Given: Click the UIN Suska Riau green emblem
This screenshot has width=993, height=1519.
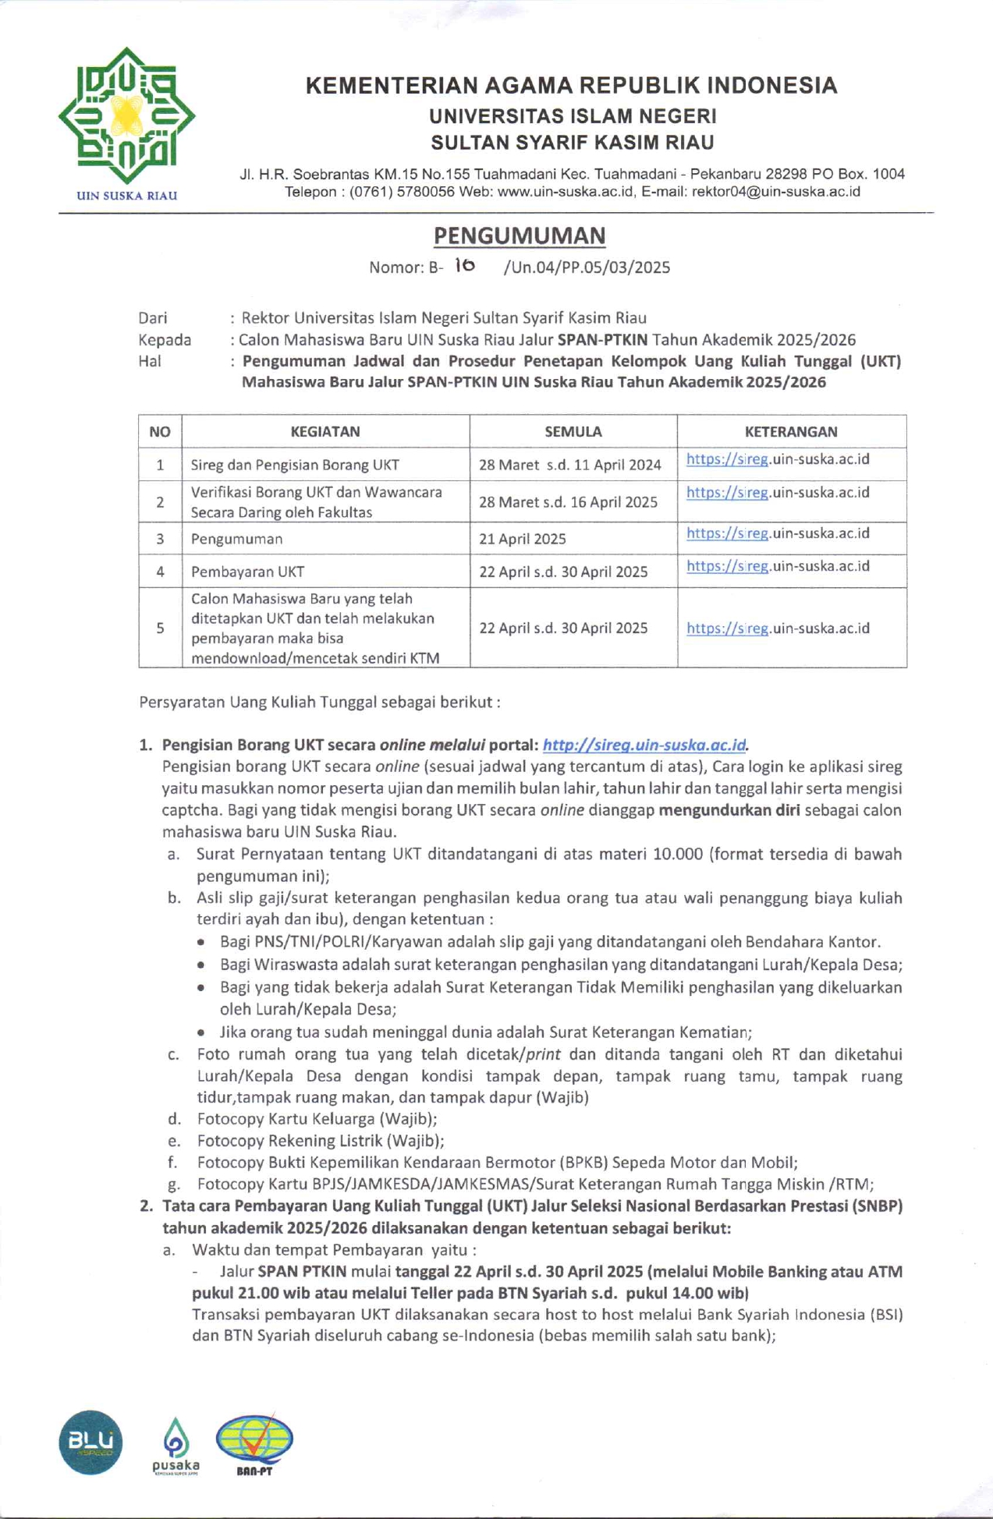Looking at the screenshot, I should click(x=126, y=116).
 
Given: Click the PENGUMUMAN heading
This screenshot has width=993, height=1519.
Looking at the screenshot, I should click(x=520, y=235).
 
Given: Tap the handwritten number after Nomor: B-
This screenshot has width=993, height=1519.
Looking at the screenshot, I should click(x=465, y=266).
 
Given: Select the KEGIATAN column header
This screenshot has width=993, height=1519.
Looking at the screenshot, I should click(x=325, y=431).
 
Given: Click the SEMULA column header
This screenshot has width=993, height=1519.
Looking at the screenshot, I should click(x=573, y=431).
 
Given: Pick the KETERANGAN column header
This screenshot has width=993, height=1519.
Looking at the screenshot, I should click(x=790, y=431).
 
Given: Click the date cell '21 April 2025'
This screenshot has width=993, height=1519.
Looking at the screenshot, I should click(x=523, y=539).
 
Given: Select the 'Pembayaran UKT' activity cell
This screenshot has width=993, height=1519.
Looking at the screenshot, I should click(x=247, y=572).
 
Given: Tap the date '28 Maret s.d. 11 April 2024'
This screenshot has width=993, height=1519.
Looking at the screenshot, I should click(x=569, y=465).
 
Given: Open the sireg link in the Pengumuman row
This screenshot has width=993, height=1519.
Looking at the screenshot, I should click(x=777, y=533).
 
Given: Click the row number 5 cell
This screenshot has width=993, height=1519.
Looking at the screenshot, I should click(x=160, y=628).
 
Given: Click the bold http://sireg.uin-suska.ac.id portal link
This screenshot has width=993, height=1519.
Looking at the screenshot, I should click(x=644, y=745).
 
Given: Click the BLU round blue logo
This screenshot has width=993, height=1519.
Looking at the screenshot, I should click(x=90, y=1442).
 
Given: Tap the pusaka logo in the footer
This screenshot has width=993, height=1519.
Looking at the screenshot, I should click(x=176, y=1446).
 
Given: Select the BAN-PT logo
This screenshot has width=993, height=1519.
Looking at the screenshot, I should click(x=254, y=1443).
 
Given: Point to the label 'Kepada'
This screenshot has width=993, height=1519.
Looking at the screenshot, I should click(x=165, y=340).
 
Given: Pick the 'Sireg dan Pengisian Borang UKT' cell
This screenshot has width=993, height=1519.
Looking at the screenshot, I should click(x=295, y=466).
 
